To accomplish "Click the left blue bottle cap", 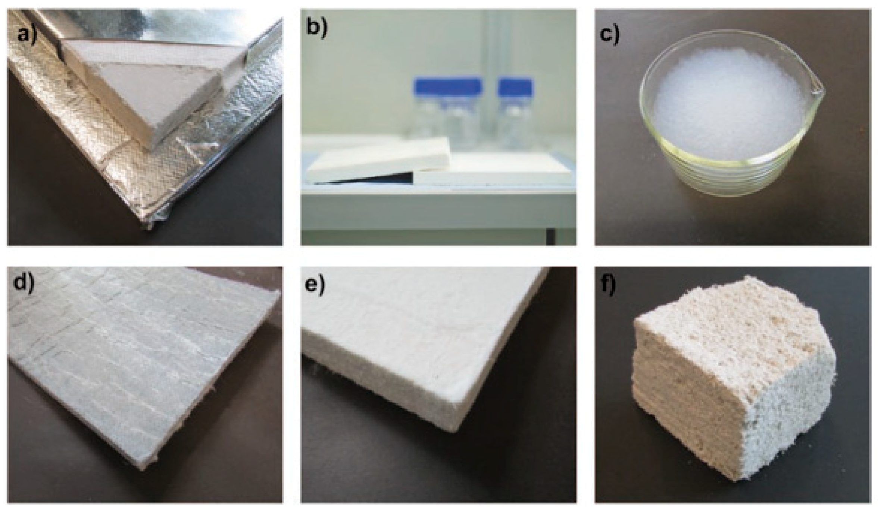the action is (x=448, y=86).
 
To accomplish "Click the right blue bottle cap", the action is (x=516, y=87).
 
